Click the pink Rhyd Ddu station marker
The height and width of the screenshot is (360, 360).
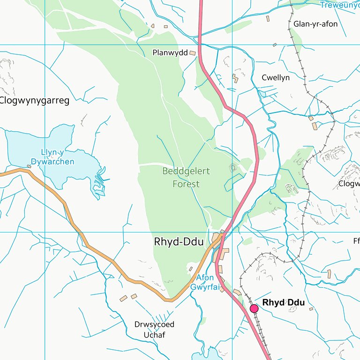254,308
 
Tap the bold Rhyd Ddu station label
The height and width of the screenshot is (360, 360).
284,303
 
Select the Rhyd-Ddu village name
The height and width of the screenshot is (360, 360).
179,242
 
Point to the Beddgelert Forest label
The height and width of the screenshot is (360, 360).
186,178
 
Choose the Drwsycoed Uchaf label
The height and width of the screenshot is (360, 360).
154,330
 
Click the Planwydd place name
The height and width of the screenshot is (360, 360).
170,53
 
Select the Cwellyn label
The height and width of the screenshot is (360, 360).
276,78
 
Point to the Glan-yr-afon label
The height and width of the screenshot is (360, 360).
315,24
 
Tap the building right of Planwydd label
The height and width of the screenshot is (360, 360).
193,53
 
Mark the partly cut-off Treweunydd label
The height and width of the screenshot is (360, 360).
339,5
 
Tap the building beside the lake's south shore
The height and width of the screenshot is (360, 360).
29,166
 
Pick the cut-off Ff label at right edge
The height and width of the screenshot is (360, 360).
356,242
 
